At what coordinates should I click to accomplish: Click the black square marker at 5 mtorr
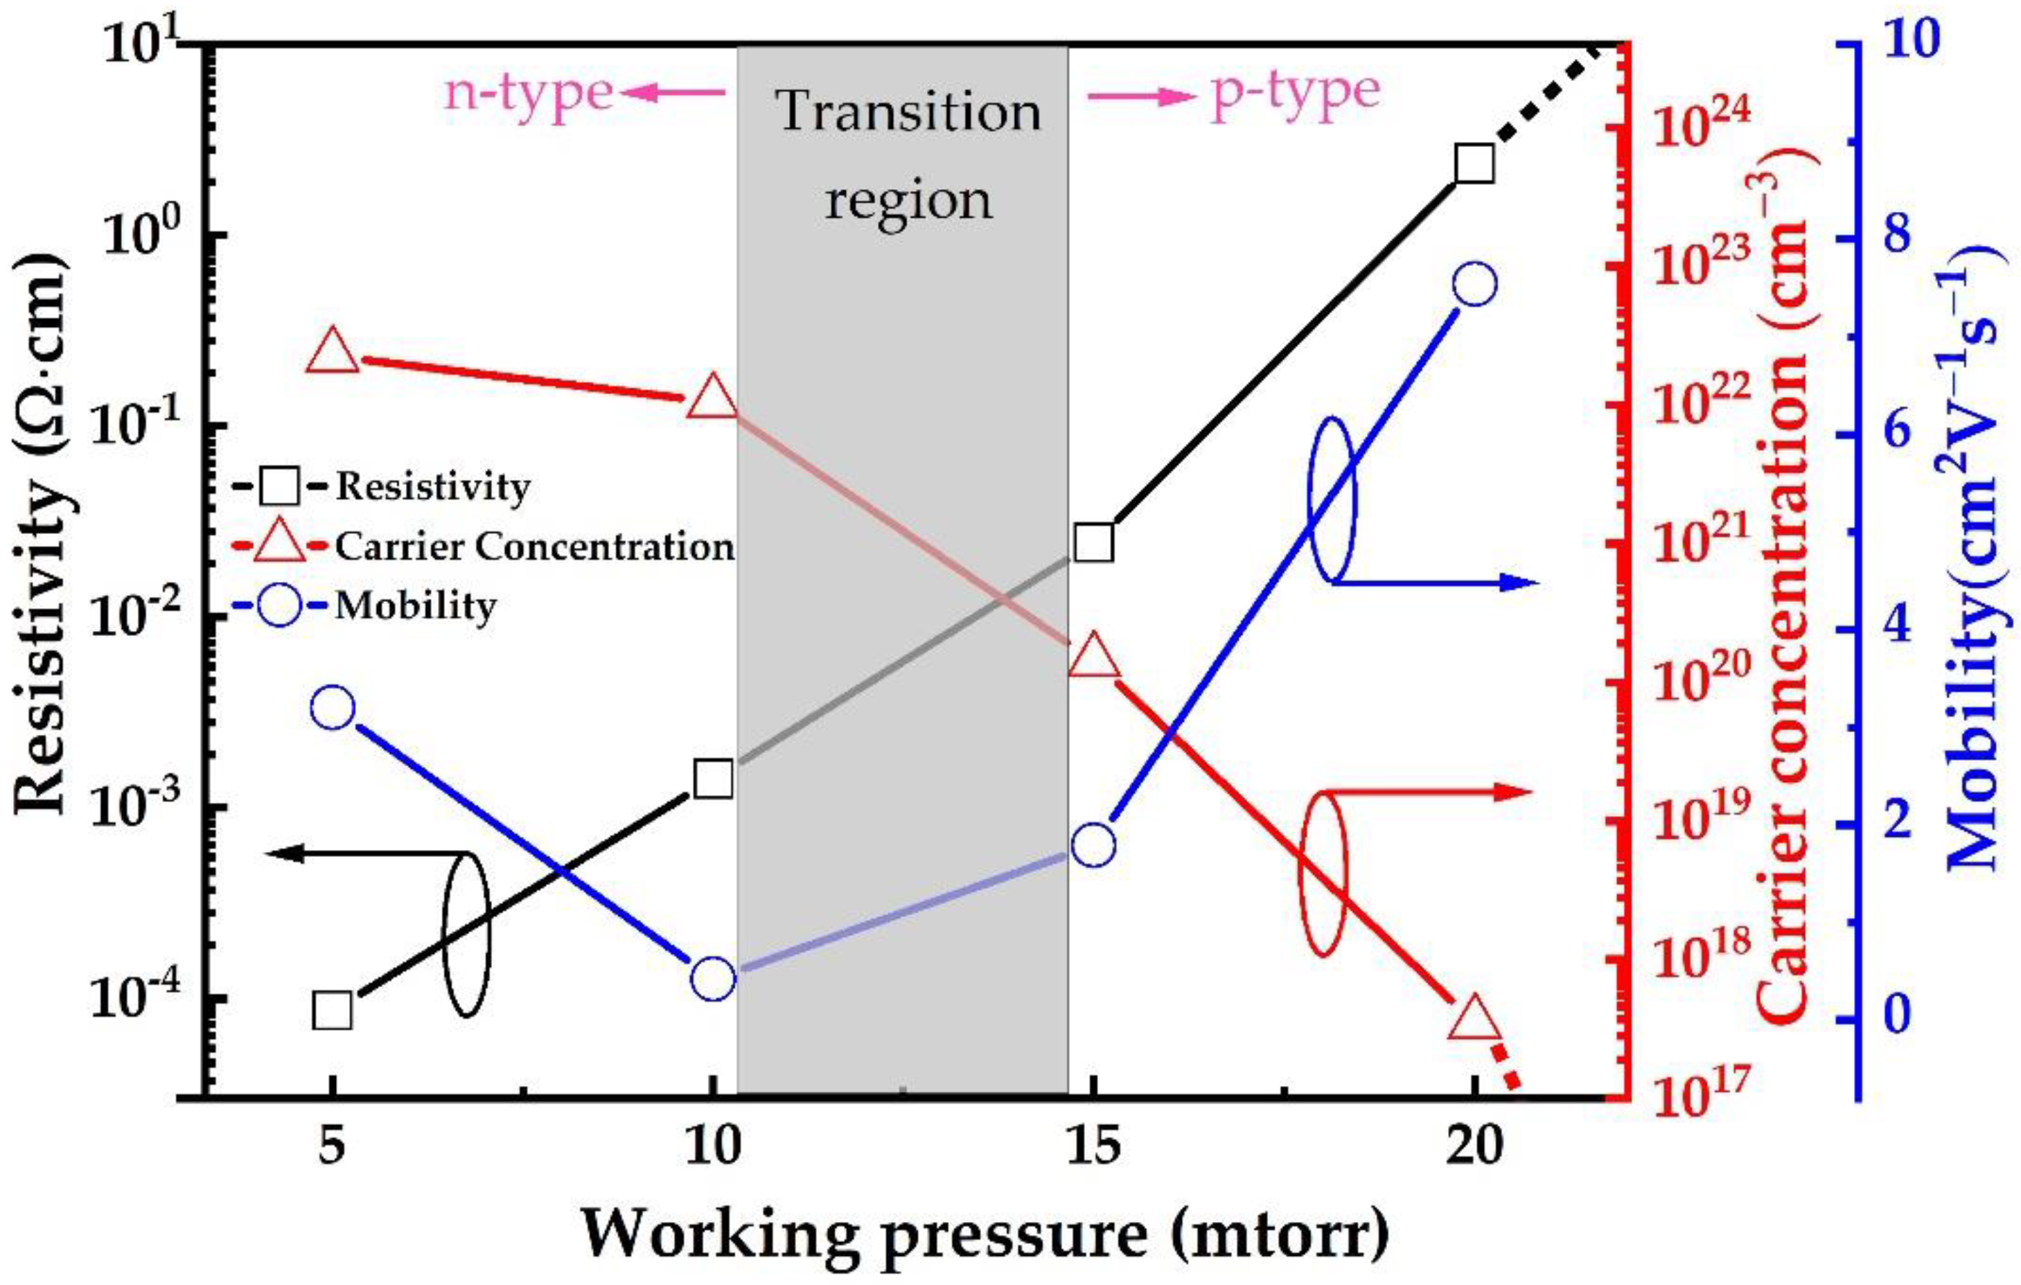pyautogui.click(x=333, y=1011)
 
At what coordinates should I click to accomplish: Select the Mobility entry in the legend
pyautogui.click(x=416, y=606)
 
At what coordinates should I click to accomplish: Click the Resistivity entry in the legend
pyautogui.click(x=432, y=486)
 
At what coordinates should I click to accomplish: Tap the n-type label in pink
pyautogui.click(x=529, y=92)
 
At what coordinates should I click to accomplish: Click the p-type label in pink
pyautogui.click(x=1294, y=92)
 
